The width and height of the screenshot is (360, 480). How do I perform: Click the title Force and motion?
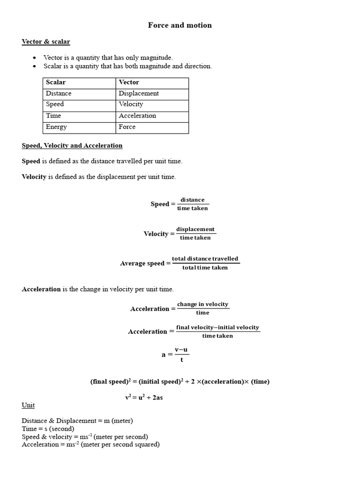180,25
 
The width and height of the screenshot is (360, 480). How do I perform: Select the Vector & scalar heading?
45,42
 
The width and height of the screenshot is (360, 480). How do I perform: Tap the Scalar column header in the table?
56,82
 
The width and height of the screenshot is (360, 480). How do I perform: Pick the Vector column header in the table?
129,82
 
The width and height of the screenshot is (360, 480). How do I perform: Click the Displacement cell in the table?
139,93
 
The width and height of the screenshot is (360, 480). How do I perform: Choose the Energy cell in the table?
56,127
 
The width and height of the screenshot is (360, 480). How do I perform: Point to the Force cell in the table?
127,127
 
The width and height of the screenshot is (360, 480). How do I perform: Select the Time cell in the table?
53,116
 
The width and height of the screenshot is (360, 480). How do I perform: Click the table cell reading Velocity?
131,105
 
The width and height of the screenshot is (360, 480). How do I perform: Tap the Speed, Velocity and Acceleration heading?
72,146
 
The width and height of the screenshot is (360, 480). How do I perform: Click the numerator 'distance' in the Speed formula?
193,200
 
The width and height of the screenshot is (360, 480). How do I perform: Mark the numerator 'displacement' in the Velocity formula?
195,229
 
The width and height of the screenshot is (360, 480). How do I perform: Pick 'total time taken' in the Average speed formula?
205,268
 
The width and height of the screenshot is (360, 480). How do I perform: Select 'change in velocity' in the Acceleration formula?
202,304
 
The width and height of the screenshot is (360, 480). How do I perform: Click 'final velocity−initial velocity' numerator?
217,327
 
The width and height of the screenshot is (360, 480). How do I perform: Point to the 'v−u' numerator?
181,350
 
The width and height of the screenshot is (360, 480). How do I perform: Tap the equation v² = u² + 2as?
144,397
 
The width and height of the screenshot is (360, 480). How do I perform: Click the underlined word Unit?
28,405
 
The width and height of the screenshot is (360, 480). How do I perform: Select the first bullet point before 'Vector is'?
34,58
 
